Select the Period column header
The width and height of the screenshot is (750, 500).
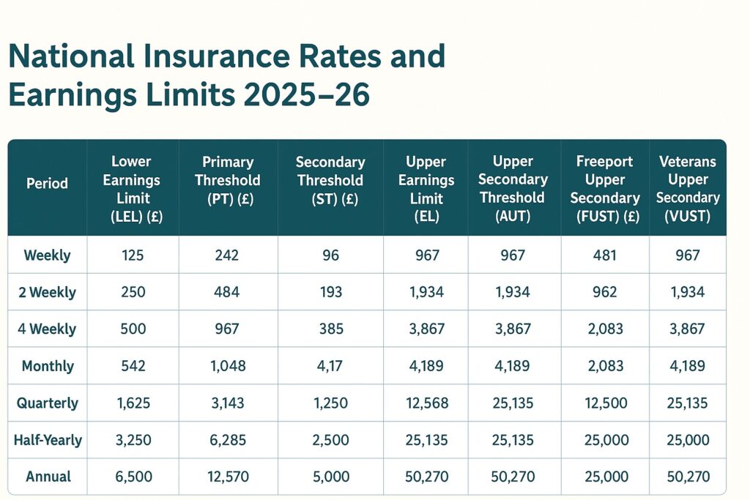point(47,184)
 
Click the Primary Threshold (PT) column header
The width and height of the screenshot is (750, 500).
point(228,180)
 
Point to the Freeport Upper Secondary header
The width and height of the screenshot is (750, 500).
point(605,189)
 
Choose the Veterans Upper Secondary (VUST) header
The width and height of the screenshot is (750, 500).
point(688,189)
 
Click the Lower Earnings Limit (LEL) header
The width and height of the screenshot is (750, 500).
point(132,189)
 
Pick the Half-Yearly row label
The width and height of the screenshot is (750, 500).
point(48,440)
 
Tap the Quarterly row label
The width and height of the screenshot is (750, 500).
point(48,403)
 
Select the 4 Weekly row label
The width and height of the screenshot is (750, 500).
point(47,329)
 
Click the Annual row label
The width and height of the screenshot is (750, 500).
point(48,477)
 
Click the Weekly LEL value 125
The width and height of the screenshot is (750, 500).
point(132,255)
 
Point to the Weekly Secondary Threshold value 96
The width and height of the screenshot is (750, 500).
point(331,255)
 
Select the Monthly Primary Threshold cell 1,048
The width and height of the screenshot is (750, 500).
point(228,366)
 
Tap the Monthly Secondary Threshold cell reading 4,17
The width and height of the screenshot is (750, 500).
point(331,366)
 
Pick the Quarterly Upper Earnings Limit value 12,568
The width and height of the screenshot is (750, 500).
point(426,403)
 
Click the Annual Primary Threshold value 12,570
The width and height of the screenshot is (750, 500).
point(228,477)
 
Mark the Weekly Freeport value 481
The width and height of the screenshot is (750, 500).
point(605,255)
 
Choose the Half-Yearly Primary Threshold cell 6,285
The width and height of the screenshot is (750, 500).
point(228,440)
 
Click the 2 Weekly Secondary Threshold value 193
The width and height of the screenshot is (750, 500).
point(331,292)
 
